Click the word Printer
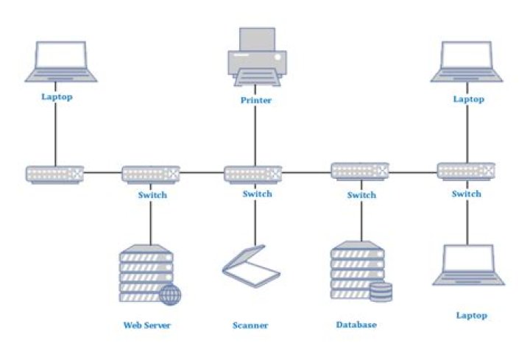tap(255, 100)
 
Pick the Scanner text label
tap(250, 325)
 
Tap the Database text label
tap(356, 325)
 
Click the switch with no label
tap(54, 174)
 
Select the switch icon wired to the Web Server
tap(151, 174)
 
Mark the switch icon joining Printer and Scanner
tap(253, 174)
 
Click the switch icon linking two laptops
tap(467, 172)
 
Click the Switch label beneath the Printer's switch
tap(257, 194)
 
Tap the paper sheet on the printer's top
tap(255, 38)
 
